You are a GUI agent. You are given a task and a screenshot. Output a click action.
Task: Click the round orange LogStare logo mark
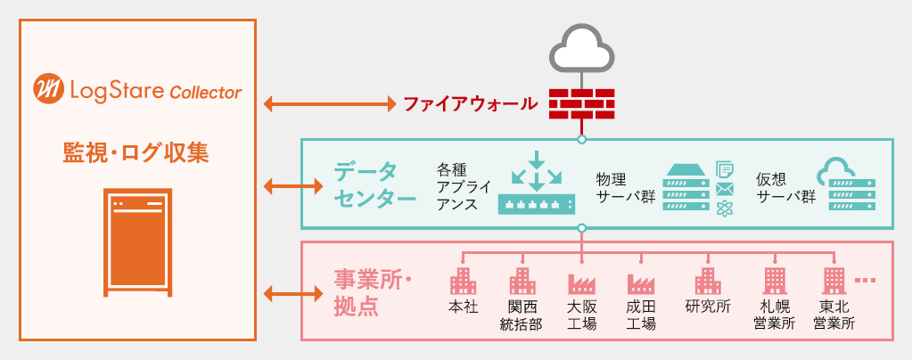coord(48,90)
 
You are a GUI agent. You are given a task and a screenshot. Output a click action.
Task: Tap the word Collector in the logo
coord(206,92)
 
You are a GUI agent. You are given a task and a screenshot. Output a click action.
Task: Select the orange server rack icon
coord(138,242)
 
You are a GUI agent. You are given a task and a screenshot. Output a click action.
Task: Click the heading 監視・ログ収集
coord(136,153)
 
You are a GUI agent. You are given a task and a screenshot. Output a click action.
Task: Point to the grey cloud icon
coord(581,49)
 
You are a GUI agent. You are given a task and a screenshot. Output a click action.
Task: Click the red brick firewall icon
coord(582,103)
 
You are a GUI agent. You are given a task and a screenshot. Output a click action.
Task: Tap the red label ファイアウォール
coord(470,104)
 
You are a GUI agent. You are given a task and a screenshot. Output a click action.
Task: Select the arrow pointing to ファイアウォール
coord(330,104)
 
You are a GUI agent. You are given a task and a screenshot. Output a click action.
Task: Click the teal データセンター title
coord(374,184)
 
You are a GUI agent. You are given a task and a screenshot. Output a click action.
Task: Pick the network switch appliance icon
coord(537,183)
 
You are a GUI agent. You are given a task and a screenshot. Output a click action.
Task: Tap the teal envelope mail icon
coord(725,189)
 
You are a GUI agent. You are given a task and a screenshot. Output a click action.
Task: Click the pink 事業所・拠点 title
coord(373,294)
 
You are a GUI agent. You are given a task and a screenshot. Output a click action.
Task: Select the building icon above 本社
coord(463,281)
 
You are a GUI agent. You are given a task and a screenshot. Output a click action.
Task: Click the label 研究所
coord(708,307)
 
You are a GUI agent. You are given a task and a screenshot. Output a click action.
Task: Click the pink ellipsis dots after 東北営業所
coord(865,281)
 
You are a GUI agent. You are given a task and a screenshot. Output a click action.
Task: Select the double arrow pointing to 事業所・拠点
coord(293,294)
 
